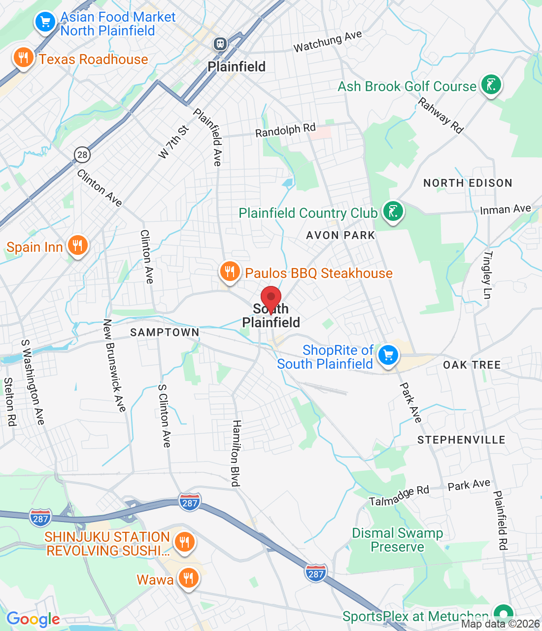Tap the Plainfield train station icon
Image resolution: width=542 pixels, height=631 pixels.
220,44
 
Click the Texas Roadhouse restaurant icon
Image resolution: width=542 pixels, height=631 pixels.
23,58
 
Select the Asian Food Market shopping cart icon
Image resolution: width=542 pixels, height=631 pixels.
45,22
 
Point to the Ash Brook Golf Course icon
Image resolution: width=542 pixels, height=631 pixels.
491,85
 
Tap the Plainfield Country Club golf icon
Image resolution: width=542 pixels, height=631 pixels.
393,212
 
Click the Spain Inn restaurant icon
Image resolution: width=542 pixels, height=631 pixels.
77,245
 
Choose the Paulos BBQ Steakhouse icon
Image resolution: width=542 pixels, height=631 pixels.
229,272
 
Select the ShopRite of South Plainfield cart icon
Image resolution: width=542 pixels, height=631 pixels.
388,355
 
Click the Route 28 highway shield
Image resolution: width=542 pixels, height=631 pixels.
82,155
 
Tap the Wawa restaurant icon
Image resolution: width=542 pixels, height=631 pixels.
188,578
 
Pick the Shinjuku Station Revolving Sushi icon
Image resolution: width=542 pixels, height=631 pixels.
184,542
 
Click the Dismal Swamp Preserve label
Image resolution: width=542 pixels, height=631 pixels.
397,540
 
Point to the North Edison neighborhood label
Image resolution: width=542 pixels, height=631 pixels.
468,183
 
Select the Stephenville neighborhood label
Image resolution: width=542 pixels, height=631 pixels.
461,440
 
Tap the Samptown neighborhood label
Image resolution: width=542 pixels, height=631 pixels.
165,332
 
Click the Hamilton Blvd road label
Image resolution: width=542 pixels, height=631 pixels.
237,453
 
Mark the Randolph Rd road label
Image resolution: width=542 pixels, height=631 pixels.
285,130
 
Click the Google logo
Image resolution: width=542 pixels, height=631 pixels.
33,620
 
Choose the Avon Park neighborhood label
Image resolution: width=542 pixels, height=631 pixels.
340,235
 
